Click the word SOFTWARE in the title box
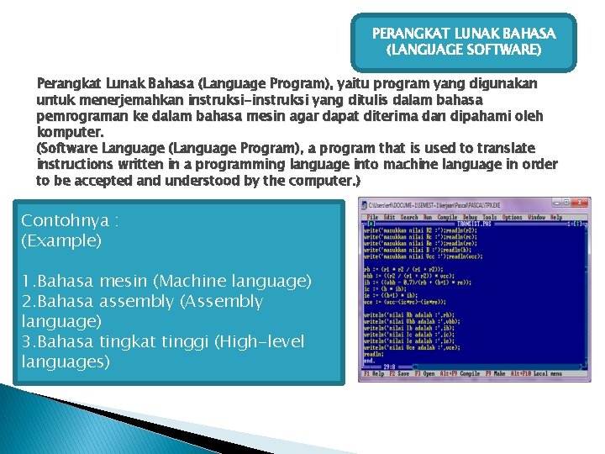coord(502,50)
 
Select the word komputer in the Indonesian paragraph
coord(71,132)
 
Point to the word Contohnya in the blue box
coord(64,221)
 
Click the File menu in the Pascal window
coord(372,217)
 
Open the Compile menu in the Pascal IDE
coord(445,217)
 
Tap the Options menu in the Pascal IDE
coord(512,217)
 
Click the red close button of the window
coord(581,203)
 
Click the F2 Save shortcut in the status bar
coord(397,374)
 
